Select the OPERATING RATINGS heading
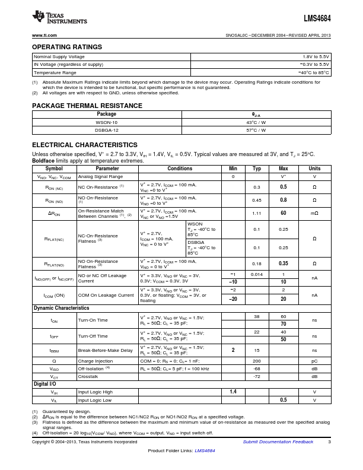[x=66, y=47]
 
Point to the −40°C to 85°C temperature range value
[x=313, y=72]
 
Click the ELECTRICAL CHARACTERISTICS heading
[x=84, y=145]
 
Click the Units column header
[x=314, y=169]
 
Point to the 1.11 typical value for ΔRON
[x=257, y=213]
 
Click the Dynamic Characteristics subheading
[x=61, y=308]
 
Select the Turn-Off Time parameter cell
[x=93, y=336]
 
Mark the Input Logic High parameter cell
[x=97, y=392]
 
